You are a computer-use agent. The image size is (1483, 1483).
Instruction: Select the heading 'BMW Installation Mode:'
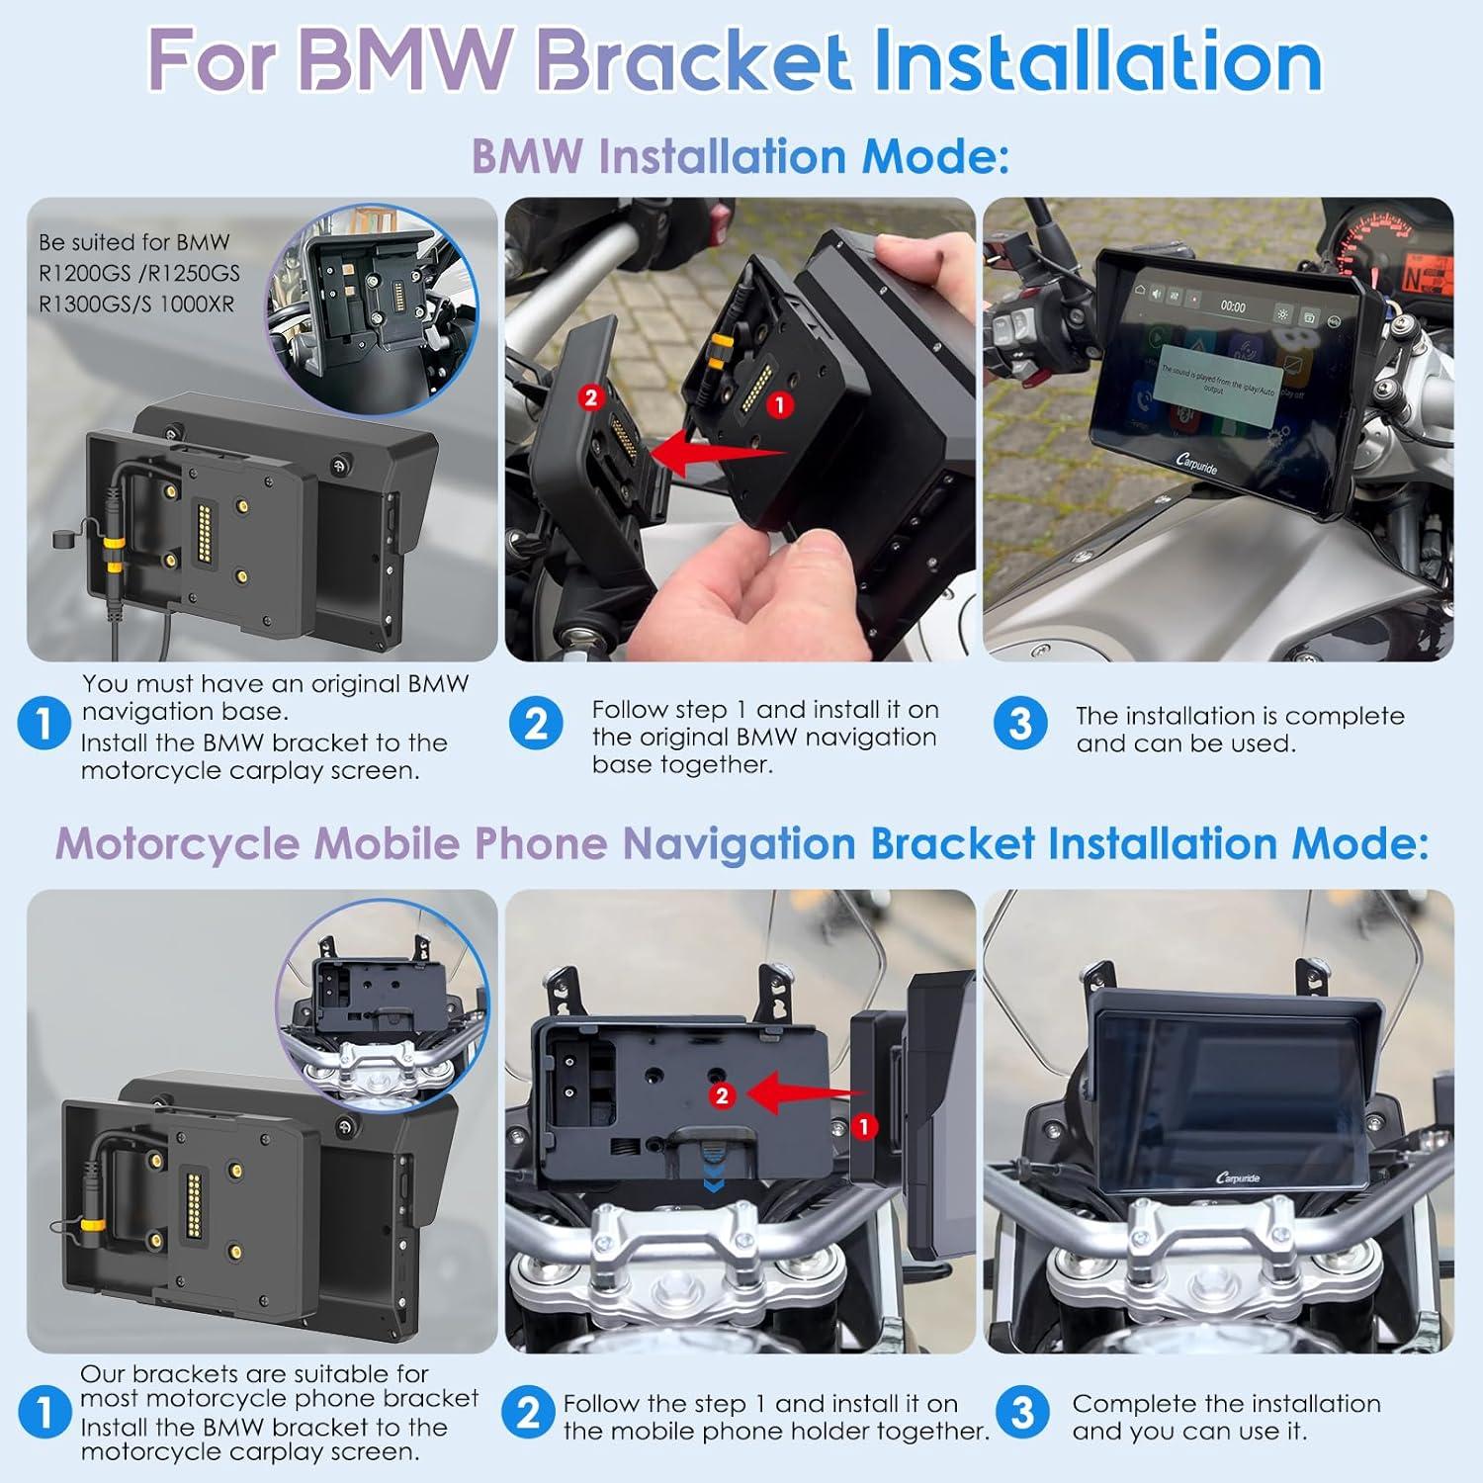click(x=740, y=156)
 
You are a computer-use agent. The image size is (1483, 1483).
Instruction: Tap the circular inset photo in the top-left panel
click(x=373, y=308)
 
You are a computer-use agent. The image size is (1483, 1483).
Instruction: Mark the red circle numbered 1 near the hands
click(x=780, y=404)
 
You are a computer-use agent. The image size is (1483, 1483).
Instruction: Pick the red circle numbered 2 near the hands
click(x=591, y=397)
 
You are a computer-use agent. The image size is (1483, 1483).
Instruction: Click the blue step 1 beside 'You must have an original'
click(x=44, y=724)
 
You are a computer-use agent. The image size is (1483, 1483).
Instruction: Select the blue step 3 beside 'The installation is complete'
click(x=1019, y=724)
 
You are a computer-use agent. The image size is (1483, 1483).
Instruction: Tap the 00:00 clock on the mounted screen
click(x=1232, y=306)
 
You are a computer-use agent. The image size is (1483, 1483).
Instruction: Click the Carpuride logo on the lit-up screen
click(x=1197, y=463)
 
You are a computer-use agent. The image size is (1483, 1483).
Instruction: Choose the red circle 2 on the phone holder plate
click(x=723, y=1095)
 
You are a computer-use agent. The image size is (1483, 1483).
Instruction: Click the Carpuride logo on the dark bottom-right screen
click(x=1237, y=1178)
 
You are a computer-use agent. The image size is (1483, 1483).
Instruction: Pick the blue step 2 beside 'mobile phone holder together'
click(x=529, y=1414)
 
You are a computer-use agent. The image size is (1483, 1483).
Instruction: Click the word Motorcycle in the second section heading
click(x=178, y=843)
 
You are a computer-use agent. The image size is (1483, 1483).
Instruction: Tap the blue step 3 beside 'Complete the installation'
click(x=1022, y=1414)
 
